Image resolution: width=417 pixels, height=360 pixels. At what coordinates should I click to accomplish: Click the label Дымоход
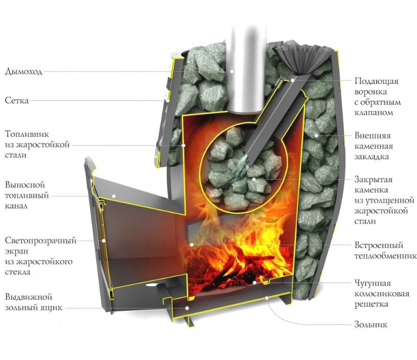point(24,72)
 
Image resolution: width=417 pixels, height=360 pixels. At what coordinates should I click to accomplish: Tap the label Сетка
point(17,101)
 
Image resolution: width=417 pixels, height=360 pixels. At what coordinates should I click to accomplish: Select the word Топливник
point(27,134)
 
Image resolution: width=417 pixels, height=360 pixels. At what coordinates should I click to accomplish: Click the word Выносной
point(25,185)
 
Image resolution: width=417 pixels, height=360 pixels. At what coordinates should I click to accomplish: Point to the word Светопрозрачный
point(41,240)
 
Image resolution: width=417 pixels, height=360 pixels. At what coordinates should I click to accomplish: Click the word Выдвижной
point(28,297)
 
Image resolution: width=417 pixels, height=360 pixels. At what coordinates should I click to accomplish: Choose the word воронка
point(371,92)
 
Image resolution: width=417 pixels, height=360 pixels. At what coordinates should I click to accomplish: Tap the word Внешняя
point(373,135)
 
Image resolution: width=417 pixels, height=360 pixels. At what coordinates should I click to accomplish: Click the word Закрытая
point(373,179)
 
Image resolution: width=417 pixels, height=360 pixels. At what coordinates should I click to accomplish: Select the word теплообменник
point(385,256)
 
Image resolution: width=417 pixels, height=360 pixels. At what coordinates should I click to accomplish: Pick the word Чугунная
point(373,283)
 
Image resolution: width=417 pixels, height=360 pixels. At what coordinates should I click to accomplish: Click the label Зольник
point(371,324)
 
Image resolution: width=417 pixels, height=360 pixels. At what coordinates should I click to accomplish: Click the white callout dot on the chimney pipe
point(232,71)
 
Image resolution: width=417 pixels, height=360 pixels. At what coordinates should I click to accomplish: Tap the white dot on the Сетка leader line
point(168,101)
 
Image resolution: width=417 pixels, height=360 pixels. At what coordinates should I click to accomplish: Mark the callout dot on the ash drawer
point(187,308)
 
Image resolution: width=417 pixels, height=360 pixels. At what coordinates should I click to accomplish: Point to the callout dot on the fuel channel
point(114,196)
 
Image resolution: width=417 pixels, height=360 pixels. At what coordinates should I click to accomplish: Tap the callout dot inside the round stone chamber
point(254,179)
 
